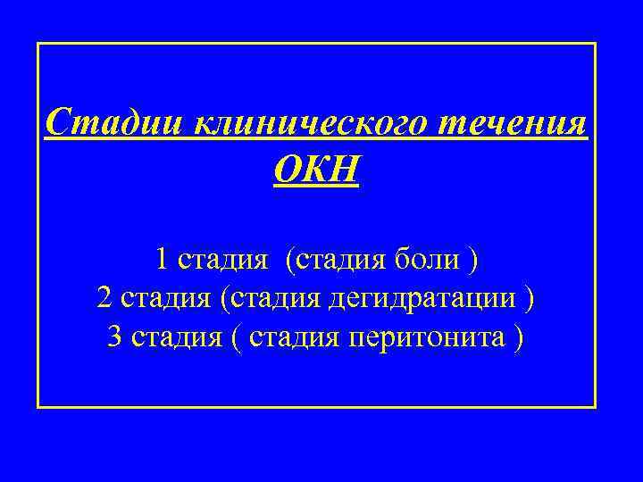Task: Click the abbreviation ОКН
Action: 316,167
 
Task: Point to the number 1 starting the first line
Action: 162,260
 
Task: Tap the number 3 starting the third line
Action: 114,337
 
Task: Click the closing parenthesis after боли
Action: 474,260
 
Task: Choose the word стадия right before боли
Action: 338,260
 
